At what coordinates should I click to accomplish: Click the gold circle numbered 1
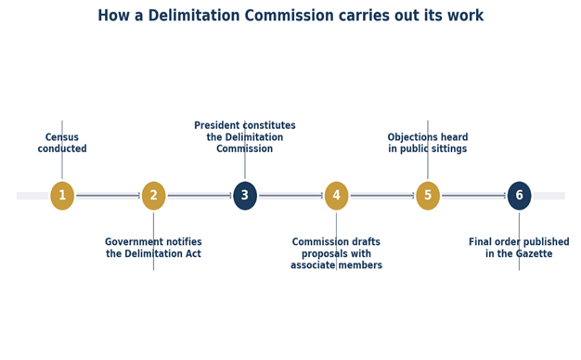[62, 196]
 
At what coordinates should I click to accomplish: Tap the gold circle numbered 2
[154, 196]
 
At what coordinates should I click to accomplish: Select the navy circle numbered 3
[245, 196]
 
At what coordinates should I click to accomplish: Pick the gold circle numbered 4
[337, 196]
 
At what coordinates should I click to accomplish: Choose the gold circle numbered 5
[428, 196]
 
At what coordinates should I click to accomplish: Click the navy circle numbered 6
[519, 196]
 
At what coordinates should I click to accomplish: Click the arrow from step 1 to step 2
[109, 196]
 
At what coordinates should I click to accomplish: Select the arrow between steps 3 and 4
[290, 196]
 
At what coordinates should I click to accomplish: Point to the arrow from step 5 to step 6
[473, 196]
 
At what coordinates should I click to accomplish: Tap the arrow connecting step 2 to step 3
[200, 196]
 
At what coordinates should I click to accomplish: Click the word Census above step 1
[62, 137]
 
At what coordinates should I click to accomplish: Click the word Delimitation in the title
[194, 16]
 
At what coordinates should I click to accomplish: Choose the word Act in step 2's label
[193, 253]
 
